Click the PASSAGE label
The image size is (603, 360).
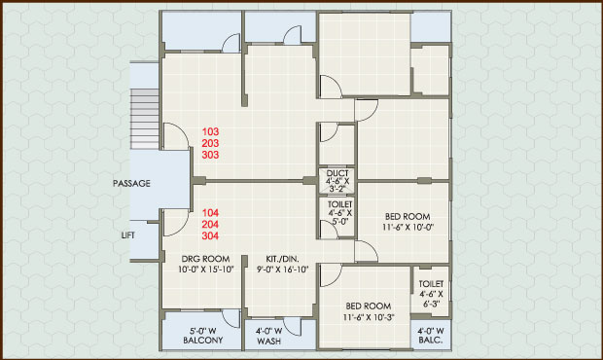pyautogui.click(x=131, y=184)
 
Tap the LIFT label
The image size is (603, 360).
pyautogui.click(x=128, y=235)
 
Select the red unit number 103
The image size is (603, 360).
pyautogui.click(x=210, y=131)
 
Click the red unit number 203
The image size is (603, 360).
pyautogui.click(x=210, y=143)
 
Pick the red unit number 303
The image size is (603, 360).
pyautogui.click(x=210, y=155)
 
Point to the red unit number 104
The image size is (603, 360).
pyautogui.click(x=210, y=213)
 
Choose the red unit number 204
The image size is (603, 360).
pyautogui.click(x=210, y=224)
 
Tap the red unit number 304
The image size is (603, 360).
pyautogui.click(x=210, y=235)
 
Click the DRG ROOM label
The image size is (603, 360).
pyautogui.click(x=206, y=259)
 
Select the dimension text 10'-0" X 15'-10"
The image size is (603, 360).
pyautogui.click(x=206, y=270)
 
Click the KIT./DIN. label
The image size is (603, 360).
pyautogui.click(x=283, y=259)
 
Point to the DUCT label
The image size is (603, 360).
pyautogui.click(x=337, y=173)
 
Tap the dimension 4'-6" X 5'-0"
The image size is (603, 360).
pyautogui.click(x=340, y=217)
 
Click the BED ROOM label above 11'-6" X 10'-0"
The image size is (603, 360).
pyautogui.click(x=408, y=217)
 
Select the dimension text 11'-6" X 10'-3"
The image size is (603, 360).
pyautogui.click(x=369, y=317)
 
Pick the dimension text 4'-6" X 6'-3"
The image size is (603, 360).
pyautogui.click(x=431, y=299)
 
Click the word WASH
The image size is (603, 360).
pyautogui.click(x=268, y=342)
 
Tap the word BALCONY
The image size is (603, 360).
pyautogui.click(x=203, y=341)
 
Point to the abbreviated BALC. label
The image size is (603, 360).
pyautogui.click(x=431, y=341)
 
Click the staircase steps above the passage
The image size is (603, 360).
pyautogui.click(x=145, y=119)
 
